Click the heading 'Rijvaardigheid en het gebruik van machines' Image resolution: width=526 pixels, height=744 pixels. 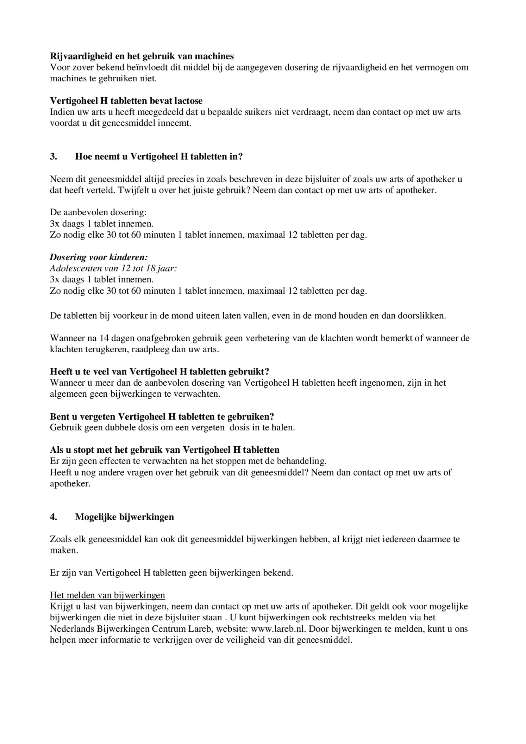click(x=142, y=56)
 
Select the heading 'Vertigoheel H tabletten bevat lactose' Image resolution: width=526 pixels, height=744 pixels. click(x=126, y=101)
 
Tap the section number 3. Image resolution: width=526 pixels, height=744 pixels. click(x=53, y=156)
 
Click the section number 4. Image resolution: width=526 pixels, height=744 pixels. click(x=53, y=517)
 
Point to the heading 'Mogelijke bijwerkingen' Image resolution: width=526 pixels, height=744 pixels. click(x=124, y=517)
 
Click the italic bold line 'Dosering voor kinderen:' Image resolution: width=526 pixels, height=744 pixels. click(x=99, y=257)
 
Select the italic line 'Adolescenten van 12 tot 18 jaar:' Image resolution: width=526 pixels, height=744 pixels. click(x=113, y=268)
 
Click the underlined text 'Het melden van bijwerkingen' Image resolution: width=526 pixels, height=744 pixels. click(x=107, y=595)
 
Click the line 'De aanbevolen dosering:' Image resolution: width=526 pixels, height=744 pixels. click(x=98, y=212)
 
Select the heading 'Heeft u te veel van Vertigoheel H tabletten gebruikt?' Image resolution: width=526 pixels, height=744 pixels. click(x=159, y=372)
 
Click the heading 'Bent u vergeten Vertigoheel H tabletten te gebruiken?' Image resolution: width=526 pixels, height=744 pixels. click(x=162, y=416)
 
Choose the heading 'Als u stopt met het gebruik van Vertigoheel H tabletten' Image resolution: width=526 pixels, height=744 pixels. click(x=164, y=450)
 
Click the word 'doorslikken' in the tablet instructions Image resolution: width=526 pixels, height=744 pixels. click(x=421, y=316)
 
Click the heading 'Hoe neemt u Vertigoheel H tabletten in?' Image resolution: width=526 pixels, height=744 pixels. click(x=159, y=156)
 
